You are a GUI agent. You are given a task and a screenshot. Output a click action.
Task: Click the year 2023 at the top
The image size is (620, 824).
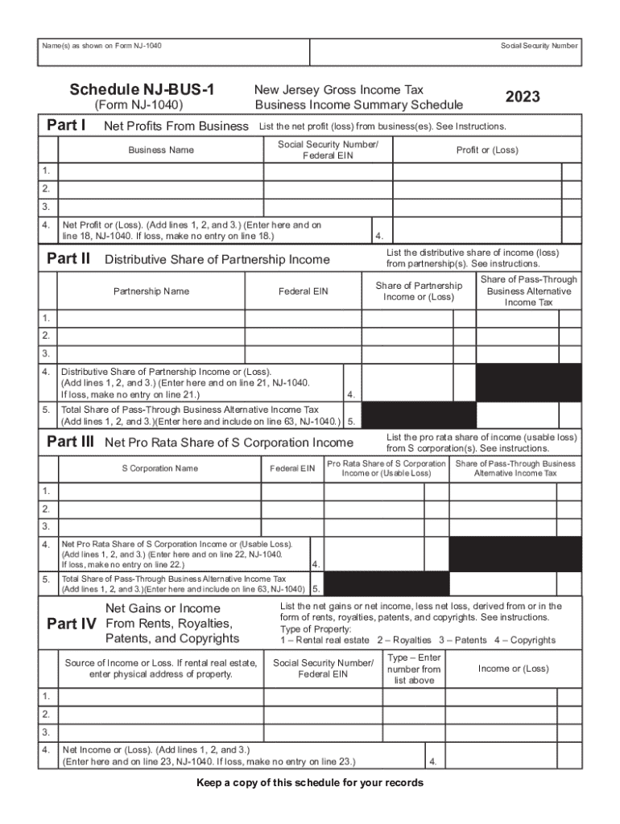pyautogui.click(x=523, y=97)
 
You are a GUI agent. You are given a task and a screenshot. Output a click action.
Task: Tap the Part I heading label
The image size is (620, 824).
pyautogui.click(x=67, y=125)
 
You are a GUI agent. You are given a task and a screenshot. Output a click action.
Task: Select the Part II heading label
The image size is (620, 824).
pyautogui.click(x=68, y=258)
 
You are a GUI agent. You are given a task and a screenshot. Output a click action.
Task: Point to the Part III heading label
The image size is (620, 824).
pyautogui.click(x=70, y=442)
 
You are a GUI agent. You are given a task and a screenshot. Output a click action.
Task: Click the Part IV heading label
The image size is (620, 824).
pyautogui.click(x=71, y=624)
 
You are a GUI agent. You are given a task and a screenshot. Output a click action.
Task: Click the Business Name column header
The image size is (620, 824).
pyautogui.click(x=160, y=150)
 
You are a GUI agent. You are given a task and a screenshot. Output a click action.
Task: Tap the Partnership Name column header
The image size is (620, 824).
pyautogui.click(x=151, y=291)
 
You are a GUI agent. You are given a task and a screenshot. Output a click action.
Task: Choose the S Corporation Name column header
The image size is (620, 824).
pyautogui.click(x=159, y=468)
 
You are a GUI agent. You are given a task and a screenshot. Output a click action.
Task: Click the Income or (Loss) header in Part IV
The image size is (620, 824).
pyautogui.click(x=513, y=669)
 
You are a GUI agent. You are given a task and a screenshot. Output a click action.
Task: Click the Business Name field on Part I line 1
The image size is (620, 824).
pyautogui.click(x=160, y=171)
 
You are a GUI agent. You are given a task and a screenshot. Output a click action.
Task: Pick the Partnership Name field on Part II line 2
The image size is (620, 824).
pyautogui.click(x=151, y=336)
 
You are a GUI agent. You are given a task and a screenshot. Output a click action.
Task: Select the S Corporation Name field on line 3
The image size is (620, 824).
pyautogui.click(x=159, y=526)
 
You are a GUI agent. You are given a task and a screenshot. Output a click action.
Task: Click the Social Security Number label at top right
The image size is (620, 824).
pyautogui.click(x=539, y=46)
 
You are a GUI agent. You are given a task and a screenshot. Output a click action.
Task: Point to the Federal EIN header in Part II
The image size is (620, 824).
pyautogui.click(x=303, y=291)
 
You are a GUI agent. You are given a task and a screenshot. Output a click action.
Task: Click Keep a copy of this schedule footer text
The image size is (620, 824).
pyautogui.click(x=309, y=783)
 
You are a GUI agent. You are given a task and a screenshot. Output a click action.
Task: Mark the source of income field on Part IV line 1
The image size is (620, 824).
pyautogui.click(x=160, y=696)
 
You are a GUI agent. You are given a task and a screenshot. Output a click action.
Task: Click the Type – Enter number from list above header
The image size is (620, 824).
pyautogui.click(x=414, y=669)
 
